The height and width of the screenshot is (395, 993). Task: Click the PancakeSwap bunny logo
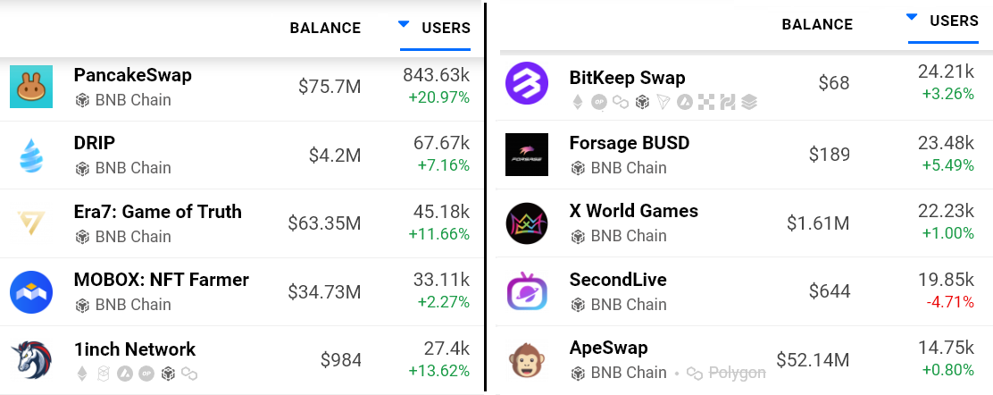[31, 87]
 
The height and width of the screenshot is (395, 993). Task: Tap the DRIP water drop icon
[31, 155]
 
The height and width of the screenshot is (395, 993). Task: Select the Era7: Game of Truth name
[157, 212]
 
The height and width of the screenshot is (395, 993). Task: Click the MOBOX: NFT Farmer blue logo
[31, 292]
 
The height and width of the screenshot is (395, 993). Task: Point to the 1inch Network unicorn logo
[31, 360]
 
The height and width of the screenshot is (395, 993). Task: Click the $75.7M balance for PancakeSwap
[330, 87]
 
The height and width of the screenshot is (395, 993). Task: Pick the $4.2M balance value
[335, 155]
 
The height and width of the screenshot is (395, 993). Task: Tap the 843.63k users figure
[436, 75]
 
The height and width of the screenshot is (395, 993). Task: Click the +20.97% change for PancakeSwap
[438, 97]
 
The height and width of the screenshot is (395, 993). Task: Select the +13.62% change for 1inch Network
[438, 371]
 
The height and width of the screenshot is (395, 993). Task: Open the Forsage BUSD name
[629, 143]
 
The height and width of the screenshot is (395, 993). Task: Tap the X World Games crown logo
[527, 223]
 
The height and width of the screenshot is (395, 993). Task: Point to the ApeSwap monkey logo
[527, 360]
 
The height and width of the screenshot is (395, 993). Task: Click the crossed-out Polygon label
[737, 373]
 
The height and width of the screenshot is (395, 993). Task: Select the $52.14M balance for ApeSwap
[813, 360]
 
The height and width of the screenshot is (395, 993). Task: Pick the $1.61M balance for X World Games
[819, 223]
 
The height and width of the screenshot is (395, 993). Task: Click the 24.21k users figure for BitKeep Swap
[946, 71]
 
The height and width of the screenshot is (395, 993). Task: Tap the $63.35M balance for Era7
[324, 223]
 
